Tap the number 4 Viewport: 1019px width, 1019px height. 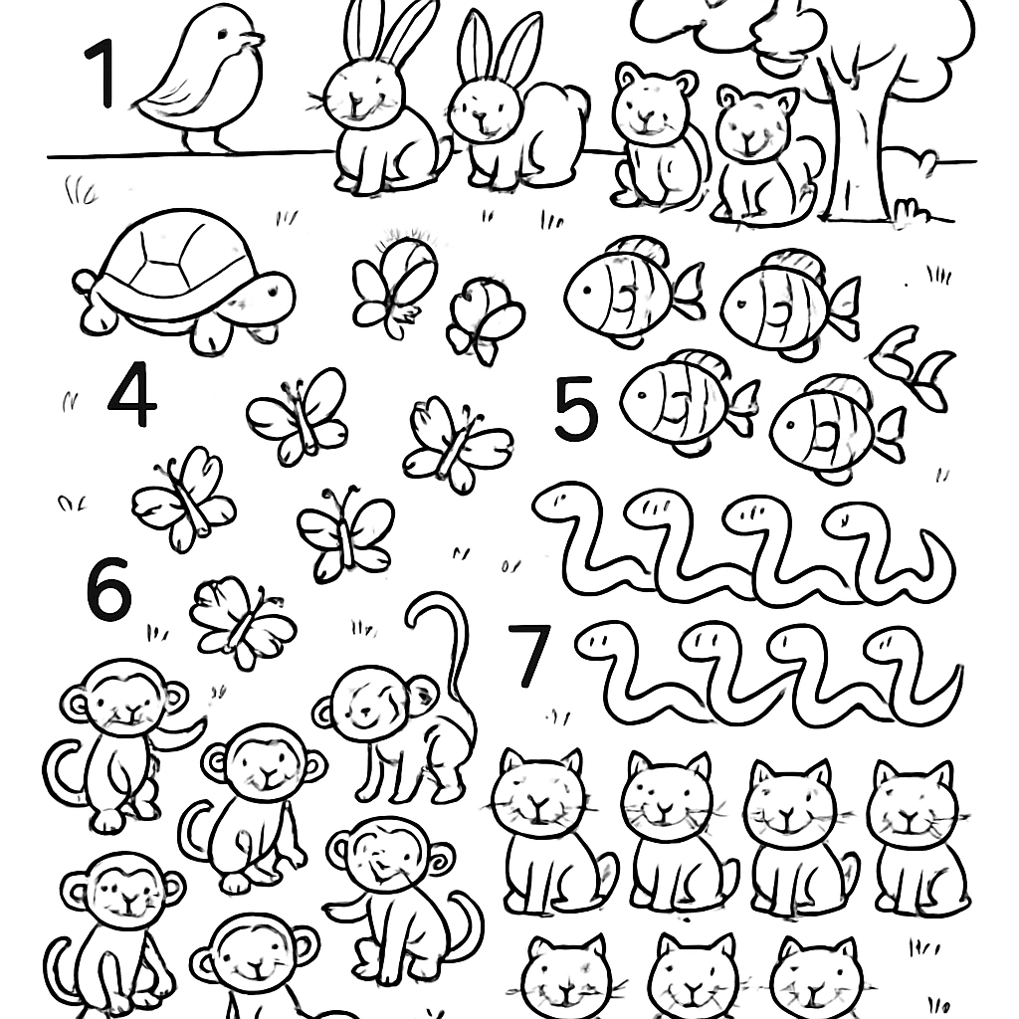tap(132, 394)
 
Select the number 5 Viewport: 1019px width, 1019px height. tap(576, 410)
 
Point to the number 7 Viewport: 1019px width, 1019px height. tap(528, 656)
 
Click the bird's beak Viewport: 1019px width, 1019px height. tap(256, 41)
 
